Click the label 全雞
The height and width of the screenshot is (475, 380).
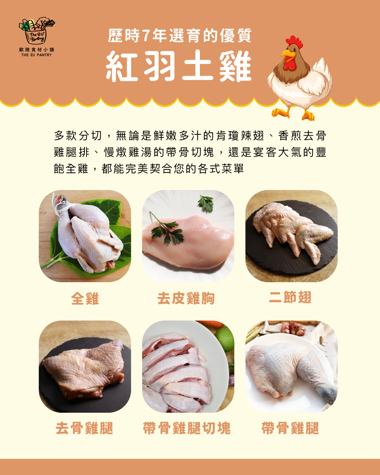click(x=85, y=298)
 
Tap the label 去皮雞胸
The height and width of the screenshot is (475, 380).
click(x=186, y=298)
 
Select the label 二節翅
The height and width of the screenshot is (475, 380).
click(x=290, y=297)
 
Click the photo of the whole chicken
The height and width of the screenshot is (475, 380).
click(x=85, y=236)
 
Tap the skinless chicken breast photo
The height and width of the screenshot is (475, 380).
click(x=188, y=236)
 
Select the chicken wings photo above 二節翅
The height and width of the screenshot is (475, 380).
click(x=291, y=236)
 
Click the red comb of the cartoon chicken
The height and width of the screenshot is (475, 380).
click(x=294, y=42)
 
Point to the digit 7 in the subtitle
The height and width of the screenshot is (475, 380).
click(x=146, y=36)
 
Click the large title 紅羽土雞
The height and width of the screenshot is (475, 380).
click(x=179, y=66)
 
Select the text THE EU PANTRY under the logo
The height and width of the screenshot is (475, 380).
click(x=37, y=55)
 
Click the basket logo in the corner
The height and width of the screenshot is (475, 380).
click(x=37, y=31)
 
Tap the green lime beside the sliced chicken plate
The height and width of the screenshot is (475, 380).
click(x=224, y=339)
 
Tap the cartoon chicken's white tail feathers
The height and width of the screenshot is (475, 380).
click(x=323, y=75)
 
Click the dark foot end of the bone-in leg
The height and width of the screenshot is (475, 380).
click(x=328, y=393)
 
